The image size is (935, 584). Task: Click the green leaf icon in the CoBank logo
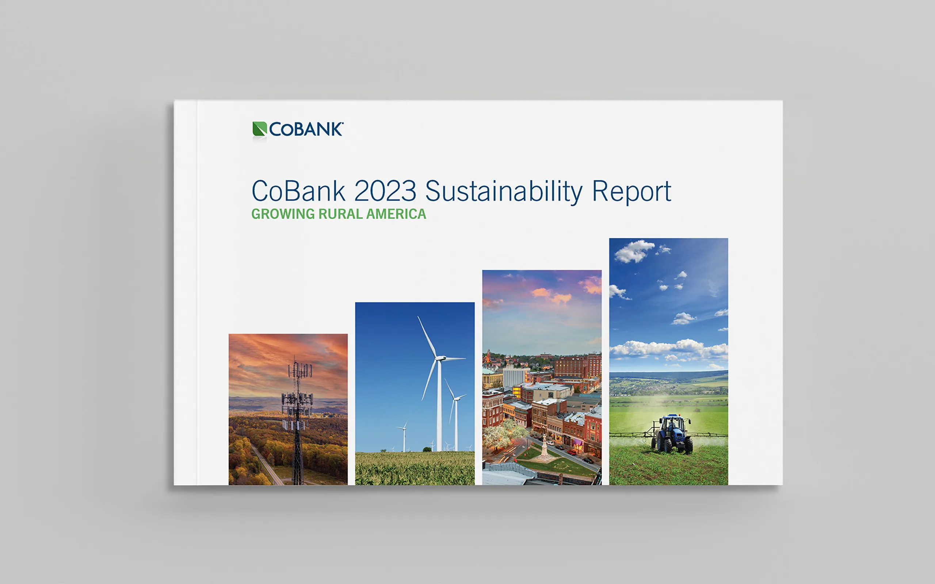[260, 129]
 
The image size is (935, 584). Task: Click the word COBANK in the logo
[306, 129]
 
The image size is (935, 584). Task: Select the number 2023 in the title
[385, 191]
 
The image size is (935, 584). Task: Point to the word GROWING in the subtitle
[283, 214]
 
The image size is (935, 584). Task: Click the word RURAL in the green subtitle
[340, 214]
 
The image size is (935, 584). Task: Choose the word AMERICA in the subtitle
[396, 214]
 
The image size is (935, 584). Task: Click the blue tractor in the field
[672, 434]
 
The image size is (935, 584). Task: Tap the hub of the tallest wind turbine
[439, 358]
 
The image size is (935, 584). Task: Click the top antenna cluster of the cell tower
[300, 370]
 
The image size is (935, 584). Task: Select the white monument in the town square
[545, 447]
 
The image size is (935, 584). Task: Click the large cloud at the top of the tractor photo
[634, 251]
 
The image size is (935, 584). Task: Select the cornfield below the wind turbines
[415, 468]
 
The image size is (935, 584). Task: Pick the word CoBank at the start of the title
[298, 191]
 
